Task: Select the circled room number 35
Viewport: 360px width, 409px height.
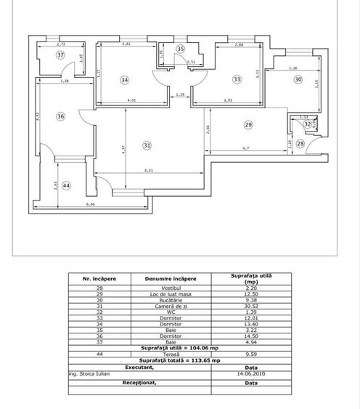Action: click(x=181, y=49)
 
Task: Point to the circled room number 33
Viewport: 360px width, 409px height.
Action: click(x=237, y=79)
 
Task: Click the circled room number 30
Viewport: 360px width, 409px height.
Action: click(x=298, y=80)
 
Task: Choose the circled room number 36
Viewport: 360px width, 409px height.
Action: click(x=61, y=116)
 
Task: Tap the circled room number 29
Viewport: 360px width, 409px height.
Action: click(x=247, y=126)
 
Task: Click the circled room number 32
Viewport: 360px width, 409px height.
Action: click(x=308, y=124)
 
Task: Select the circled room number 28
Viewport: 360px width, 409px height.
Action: click(x=300, y=144)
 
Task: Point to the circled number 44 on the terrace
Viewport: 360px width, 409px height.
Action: click(x=67, y=186)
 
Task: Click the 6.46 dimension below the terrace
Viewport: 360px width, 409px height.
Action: click(x=91, y=206)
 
